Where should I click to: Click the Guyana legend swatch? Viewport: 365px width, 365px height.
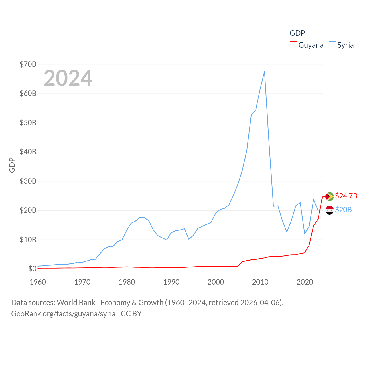coord(293,45)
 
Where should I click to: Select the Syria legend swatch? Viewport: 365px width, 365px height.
coord(332,45)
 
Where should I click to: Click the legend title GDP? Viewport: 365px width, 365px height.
coord(297,33)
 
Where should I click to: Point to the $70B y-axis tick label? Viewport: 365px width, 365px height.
coord(28,64)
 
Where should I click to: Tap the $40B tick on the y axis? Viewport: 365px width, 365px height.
coord(28,152)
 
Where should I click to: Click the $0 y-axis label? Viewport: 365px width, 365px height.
coord(32,269)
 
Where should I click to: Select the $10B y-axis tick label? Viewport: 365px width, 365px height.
coord(28,240)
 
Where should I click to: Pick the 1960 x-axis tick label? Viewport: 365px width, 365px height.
coord(38,282)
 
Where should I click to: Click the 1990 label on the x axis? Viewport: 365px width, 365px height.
coord(171,282)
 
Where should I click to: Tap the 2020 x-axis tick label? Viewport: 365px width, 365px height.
coord(305,282)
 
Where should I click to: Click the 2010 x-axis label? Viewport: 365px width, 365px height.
coord(260,282)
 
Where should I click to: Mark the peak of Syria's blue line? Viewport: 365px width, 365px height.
coord(264,72)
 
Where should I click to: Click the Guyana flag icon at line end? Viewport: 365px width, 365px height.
coord(329,196)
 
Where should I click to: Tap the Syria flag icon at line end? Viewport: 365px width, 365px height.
coord(329,210)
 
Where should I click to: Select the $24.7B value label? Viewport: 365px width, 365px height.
coord(346,196)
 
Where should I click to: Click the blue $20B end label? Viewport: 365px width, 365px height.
coord(343,210)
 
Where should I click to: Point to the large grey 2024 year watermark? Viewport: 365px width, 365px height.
coord(68,78)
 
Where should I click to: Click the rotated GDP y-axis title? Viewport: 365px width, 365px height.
coord(12,165)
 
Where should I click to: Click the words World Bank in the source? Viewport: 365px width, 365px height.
coord(76,302)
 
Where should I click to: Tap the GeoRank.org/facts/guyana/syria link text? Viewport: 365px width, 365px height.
coord(63,314)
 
